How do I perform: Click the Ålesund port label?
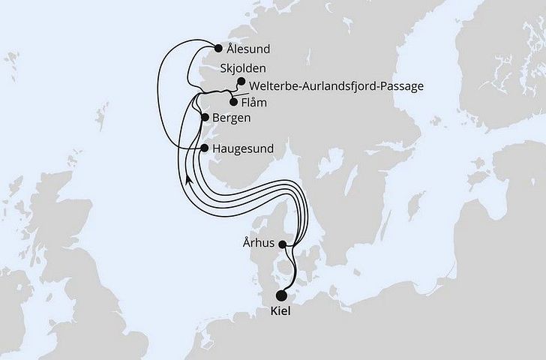coord(249,50)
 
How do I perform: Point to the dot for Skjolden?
coord(241,82)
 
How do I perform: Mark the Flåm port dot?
coord(233,103)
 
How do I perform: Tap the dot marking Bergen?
coord(205,118)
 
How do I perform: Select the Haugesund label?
coord(244,148)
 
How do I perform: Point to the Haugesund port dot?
coord(204,148)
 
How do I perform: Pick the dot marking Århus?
coord(282,244)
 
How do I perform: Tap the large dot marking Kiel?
coord(283,295)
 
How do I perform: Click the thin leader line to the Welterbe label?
coord(238,92)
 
